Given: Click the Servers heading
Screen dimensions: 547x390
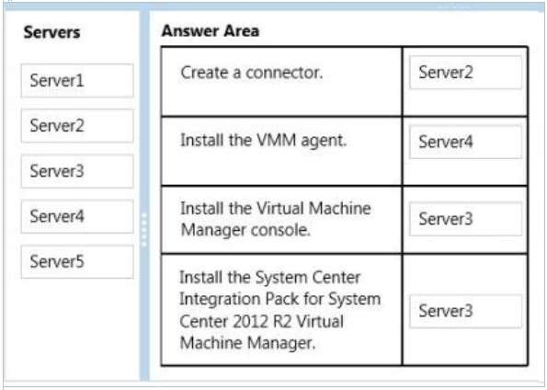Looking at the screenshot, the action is pyautogui.click(x=51, y=32).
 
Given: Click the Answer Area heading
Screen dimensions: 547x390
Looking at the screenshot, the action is pyautogui.click(x=210, y=30).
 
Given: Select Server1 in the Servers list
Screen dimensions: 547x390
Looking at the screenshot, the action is pyautogui.click(x=77, y=80).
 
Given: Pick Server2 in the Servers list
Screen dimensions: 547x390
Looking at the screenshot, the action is pyautogui.click(x=77, y=126).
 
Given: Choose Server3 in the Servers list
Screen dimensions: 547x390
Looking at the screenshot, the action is pyautogui.click(x=77, y=171).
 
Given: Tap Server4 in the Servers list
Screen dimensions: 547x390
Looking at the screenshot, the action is pyautogui.click(x=77, y=216).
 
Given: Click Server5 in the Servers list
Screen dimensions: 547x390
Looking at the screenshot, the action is pyautogui.click(x=77, y=261).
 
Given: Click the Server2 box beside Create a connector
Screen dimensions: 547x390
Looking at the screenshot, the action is pyautogui.click(x=466, y=73).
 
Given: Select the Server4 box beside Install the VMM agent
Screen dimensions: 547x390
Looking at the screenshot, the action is pyautogui.click(x=466, y=142).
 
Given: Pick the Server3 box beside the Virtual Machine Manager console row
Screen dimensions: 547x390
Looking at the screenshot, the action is pyautogui.click(x=466, y=219).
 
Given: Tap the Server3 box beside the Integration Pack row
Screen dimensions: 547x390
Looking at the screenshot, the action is pyautogui.click(x=466, y=311).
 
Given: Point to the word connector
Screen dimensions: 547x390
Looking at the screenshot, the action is pyautogui.click(x=284, y=73).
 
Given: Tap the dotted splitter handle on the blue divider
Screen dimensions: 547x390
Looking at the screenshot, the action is pyautogui.click(x=144, y=230).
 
